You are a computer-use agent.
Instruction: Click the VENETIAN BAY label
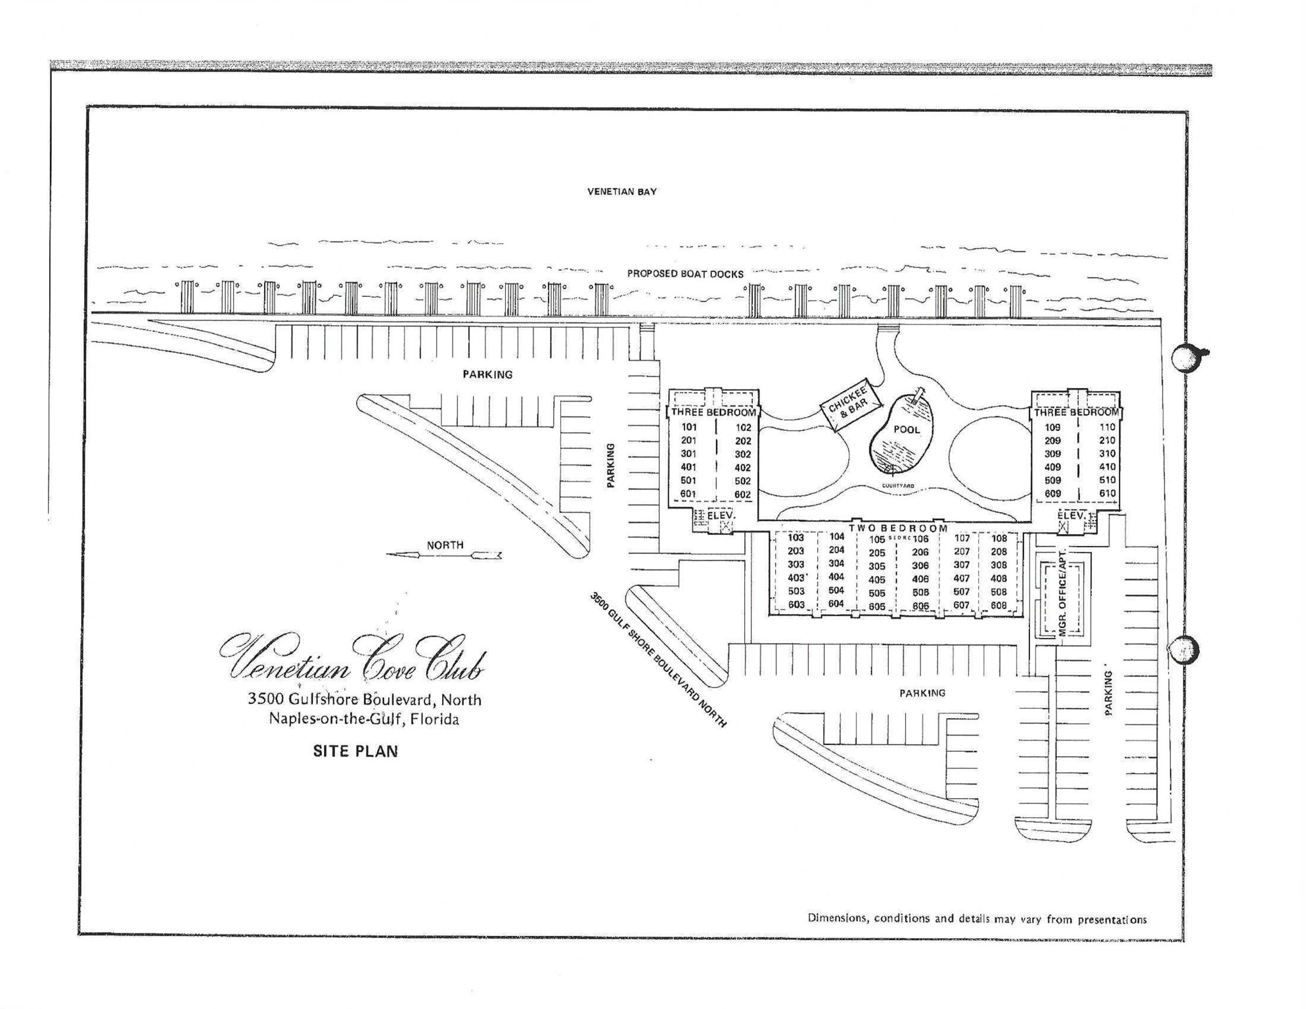coord(621,192)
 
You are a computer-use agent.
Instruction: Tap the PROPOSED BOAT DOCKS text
coord(685,273)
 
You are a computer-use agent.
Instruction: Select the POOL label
coord(907,430)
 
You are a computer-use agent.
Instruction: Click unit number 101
coord(689,427)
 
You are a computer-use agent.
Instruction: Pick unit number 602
coord(742,495)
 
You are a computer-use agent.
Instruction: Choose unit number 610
coord(1107,493)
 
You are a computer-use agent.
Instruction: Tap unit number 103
coord(796,537)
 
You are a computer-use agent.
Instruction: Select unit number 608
coord(999,605)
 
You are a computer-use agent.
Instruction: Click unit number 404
coord(836,577)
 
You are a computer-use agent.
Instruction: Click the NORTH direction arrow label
coord(445,545)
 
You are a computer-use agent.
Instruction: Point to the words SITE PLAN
coord(355,751)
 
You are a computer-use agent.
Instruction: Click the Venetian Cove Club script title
coord(353,659)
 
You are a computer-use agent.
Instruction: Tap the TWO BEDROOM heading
coord(898,527)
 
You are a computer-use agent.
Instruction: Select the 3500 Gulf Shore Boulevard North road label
coord(658,660)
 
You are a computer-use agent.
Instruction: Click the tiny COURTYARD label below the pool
coord(897,486)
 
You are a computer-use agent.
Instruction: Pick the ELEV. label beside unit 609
coord(1071,516)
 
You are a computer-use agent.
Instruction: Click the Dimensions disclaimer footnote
coord(977,919)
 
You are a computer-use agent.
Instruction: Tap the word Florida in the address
coord(434,719)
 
